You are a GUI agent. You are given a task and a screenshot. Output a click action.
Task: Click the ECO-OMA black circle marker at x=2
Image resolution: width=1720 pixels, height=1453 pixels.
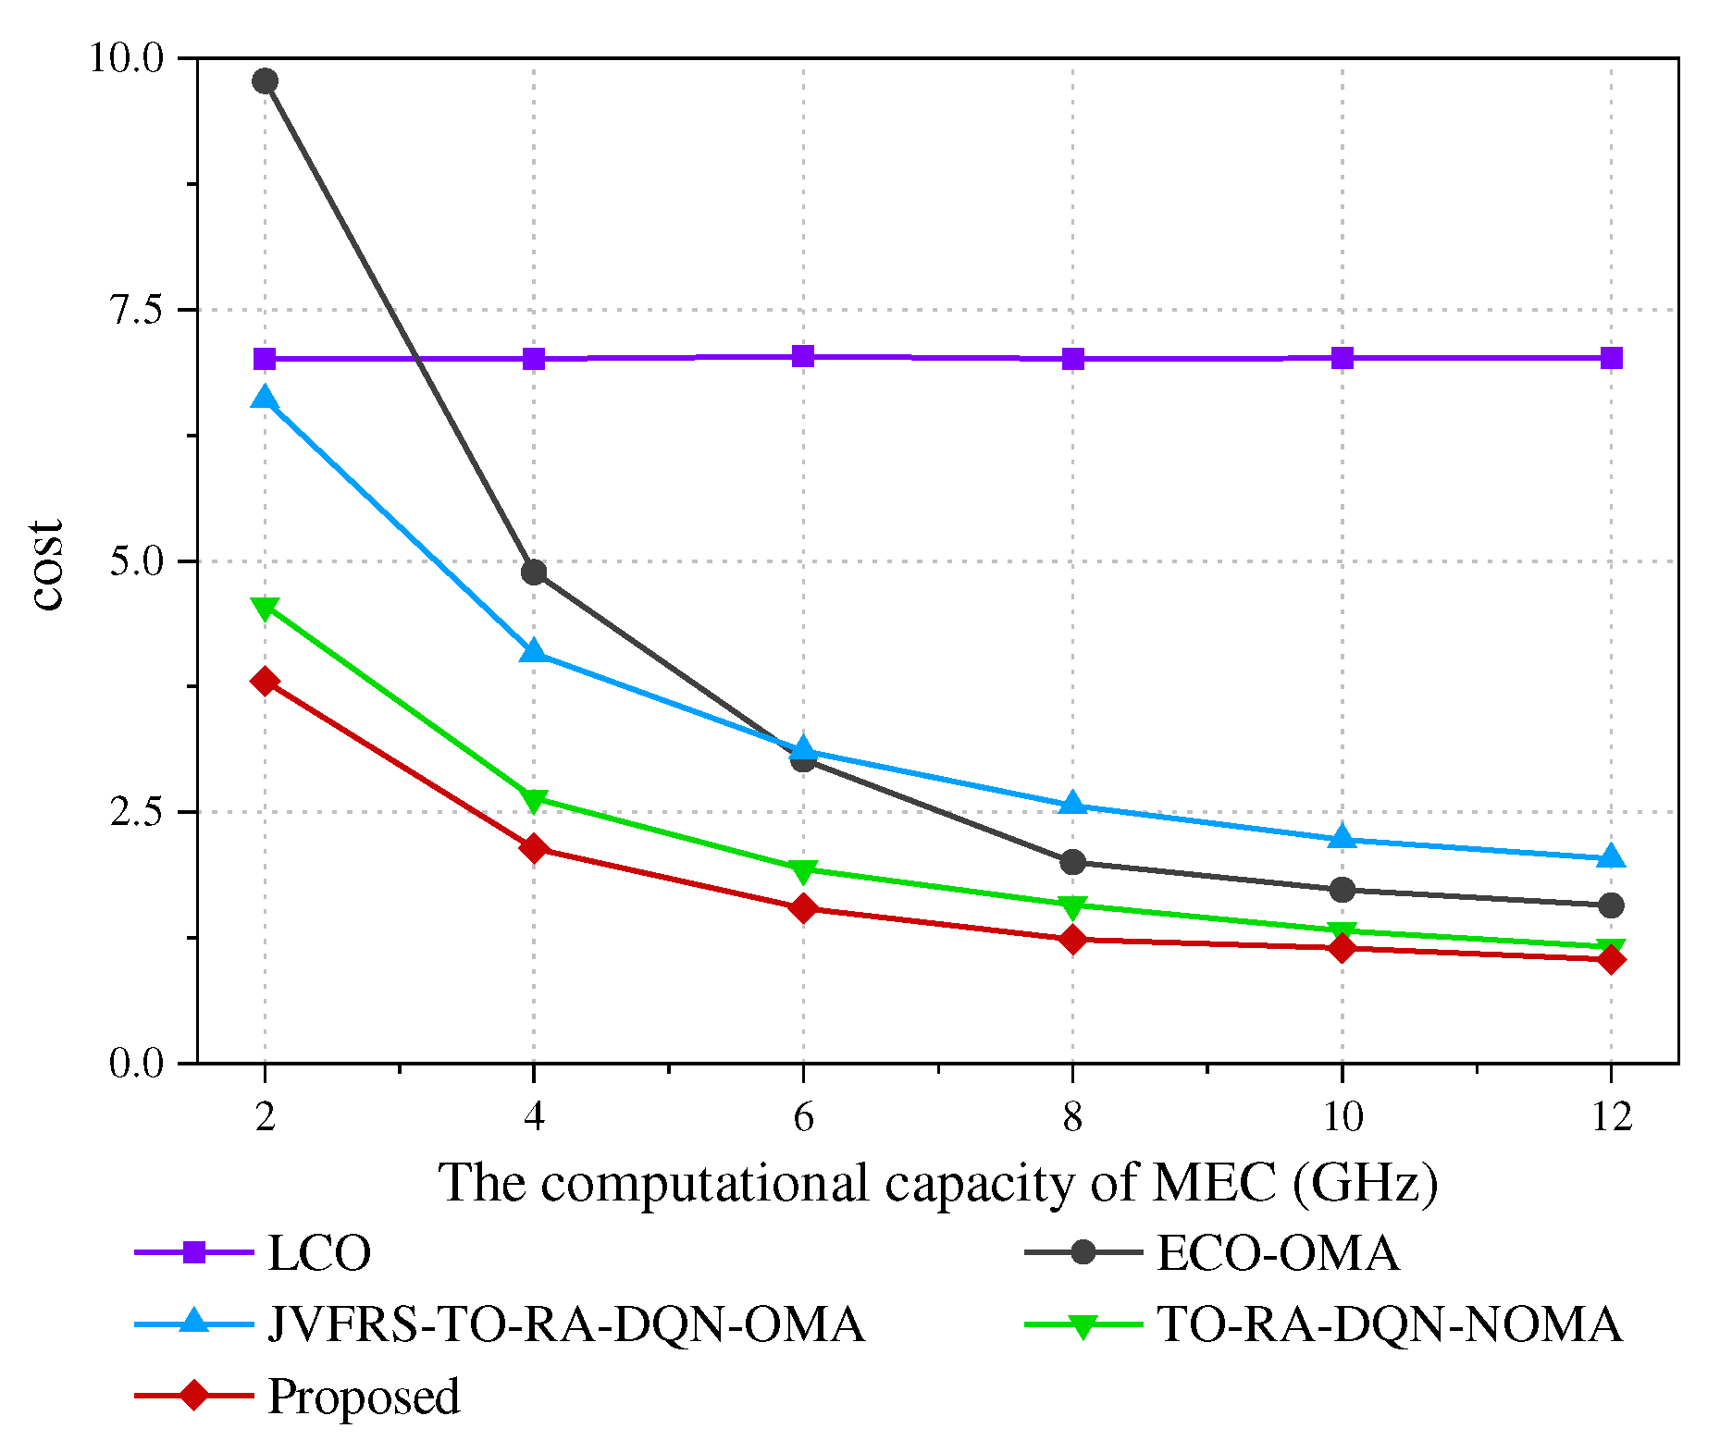coord(265,81)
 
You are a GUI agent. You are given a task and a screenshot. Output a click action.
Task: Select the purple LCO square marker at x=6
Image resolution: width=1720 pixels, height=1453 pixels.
coord(803,357)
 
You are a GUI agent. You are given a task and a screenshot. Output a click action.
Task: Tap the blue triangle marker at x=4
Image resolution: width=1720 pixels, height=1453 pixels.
coord(534,652)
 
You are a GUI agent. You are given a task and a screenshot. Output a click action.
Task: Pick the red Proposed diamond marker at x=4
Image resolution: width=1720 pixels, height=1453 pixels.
coord(534,848)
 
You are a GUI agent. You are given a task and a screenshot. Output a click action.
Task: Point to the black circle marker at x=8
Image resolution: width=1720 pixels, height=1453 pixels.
coord(1072,862)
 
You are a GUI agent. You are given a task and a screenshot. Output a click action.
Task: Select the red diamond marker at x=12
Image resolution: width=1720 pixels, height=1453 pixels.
coord(1611,959)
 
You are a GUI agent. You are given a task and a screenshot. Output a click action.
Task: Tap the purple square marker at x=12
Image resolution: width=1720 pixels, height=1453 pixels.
coord(1611,358)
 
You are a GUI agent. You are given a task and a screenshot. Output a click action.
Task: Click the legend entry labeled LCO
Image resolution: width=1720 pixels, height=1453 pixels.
coord(318,1254)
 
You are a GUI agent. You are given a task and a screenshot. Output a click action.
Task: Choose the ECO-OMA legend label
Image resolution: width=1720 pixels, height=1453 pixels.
coord(1277,1254)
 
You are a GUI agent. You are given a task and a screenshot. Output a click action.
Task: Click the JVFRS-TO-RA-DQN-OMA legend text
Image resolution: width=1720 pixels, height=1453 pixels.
coord(565,1324)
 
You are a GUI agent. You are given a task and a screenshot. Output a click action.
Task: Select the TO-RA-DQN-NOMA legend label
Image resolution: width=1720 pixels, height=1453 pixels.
coord(1389,1324)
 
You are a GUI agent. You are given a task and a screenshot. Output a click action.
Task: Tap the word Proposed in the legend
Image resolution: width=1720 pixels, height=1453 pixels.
coord(363,1396)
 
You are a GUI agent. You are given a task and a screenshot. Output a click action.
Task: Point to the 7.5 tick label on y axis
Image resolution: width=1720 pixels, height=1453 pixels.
coord(137,310)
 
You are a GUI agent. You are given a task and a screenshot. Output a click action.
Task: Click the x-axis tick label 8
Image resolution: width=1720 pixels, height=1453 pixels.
coord(1072,1118)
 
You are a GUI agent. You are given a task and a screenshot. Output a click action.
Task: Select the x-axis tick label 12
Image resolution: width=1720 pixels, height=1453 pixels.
coord(1611,1118)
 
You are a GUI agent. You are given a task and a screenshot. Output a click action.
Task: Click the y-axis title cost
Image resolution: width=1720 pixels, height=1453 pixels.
coord(48,564)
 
